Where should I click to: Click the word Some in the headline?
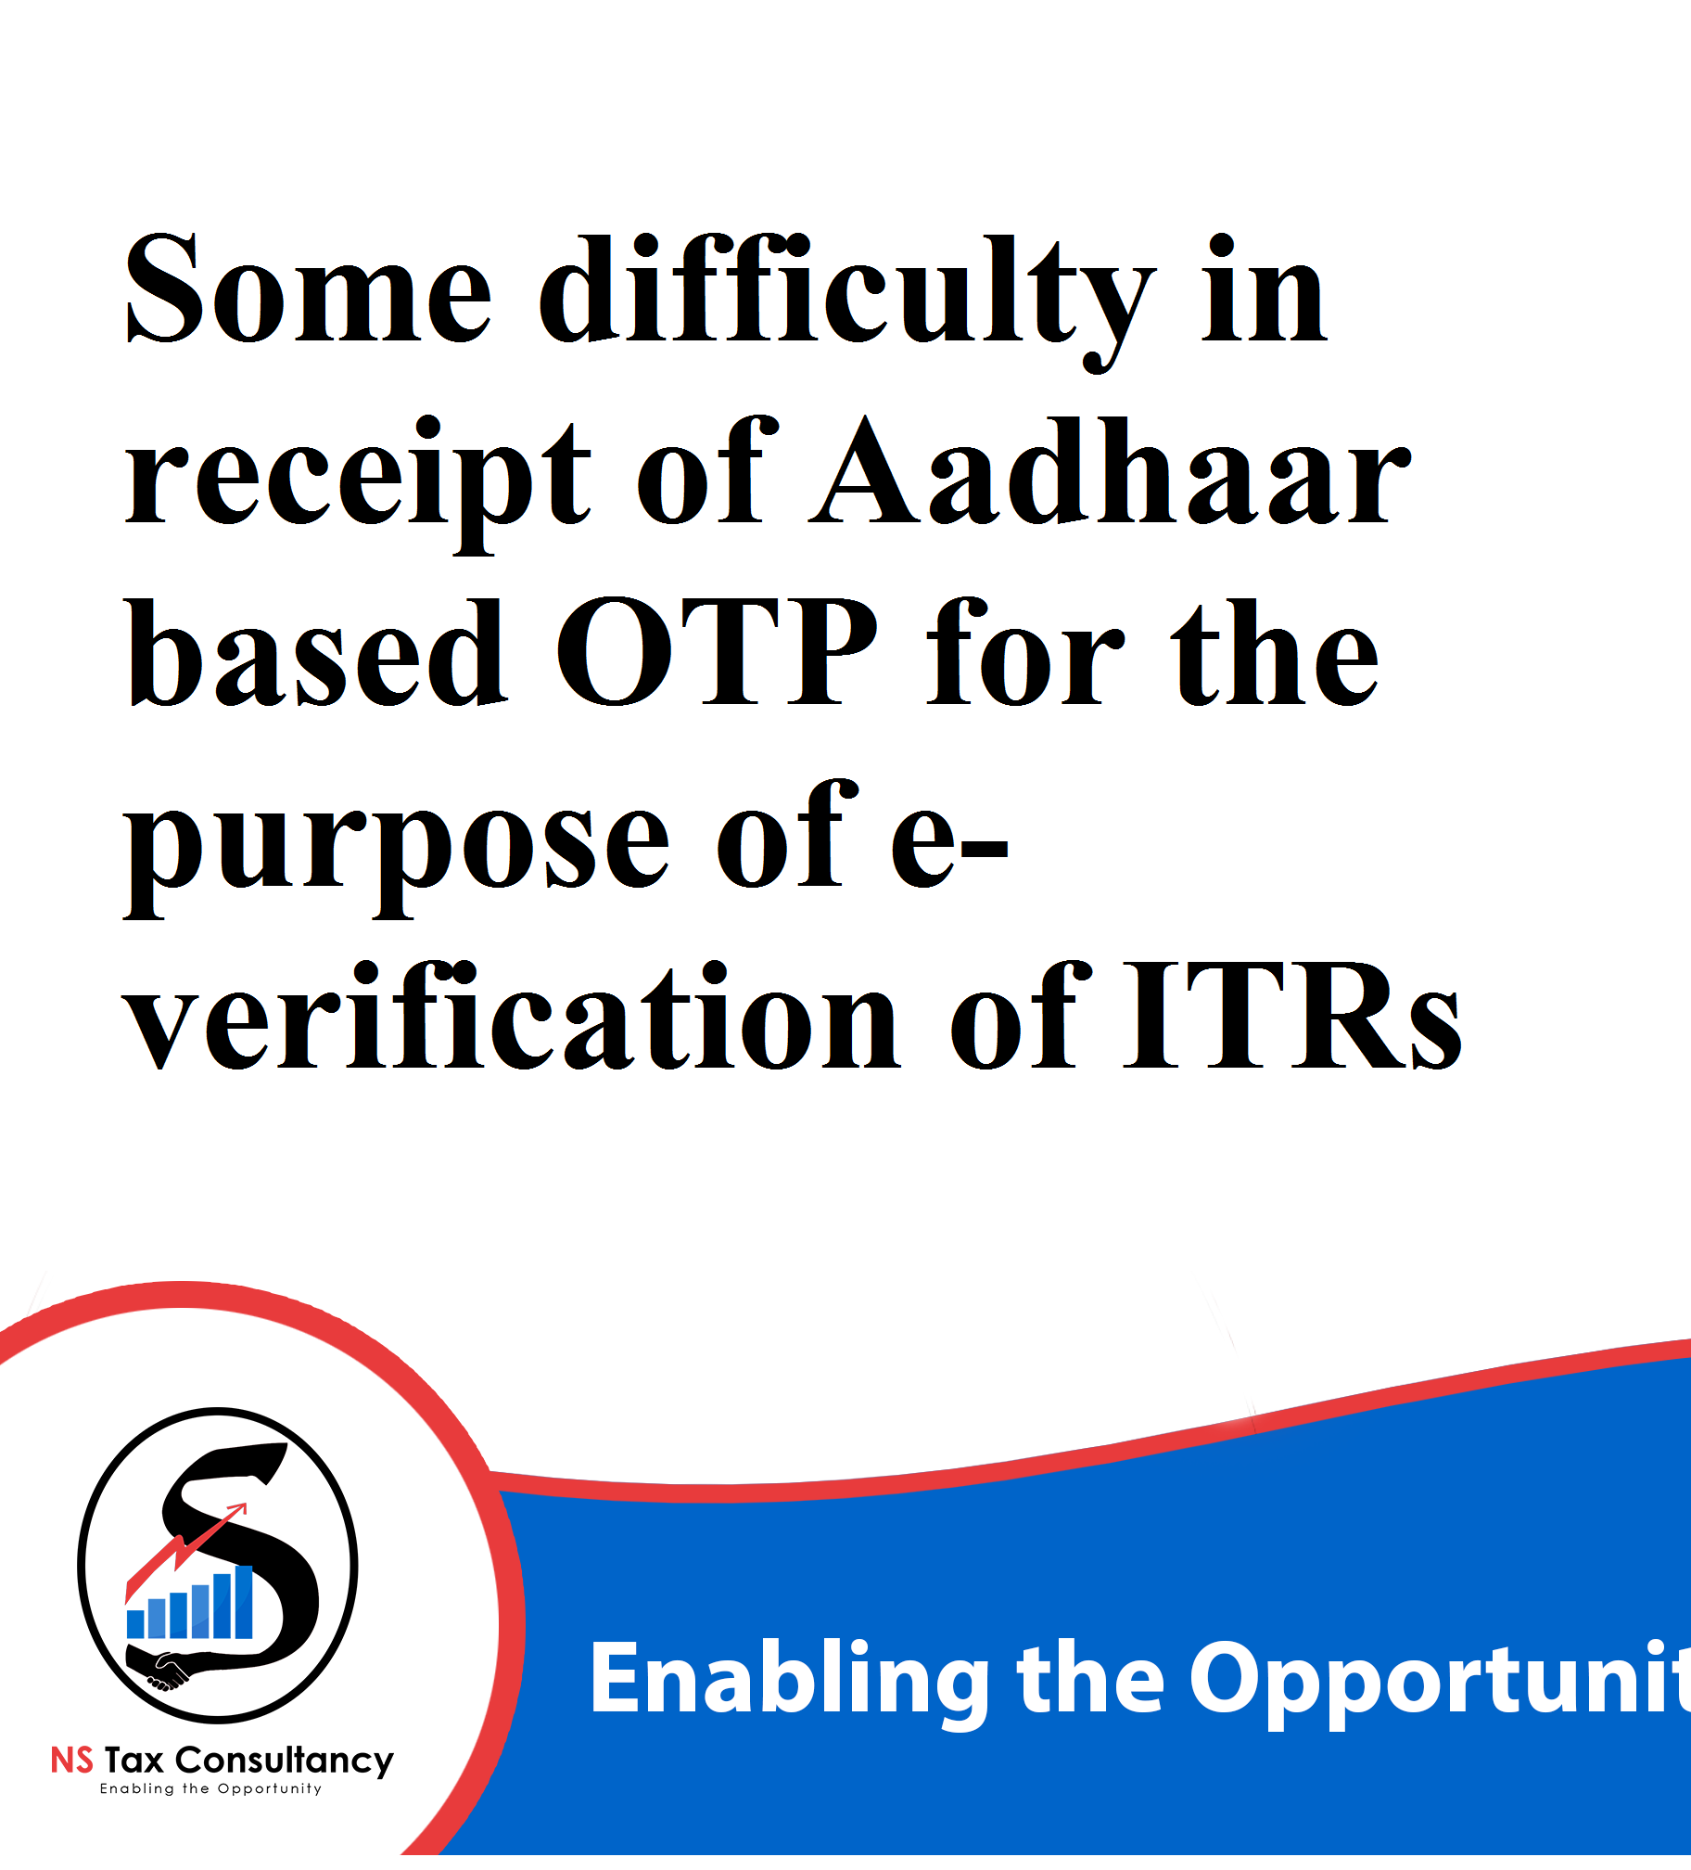coord(309,288)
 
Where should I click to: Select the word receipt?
coord(358,482)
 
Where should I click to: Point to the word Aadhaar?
coord(1111,470)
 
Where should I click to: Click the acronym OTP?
coord(716,652)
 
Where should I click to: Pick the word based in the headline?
coord(316,652)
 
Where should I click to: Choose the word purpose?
coord(397,847)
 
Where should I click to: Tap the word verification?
coord(511,1016)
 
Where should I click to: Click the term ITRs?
coord(1292,1016)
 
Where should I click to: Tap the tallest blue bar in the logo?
coord(245,1602)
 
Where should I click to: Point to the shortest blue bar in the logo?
coord(135,1624)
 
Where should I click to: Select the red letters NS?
coord(72,1760)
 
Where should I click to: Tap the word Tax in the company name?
coord(134,1760)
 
